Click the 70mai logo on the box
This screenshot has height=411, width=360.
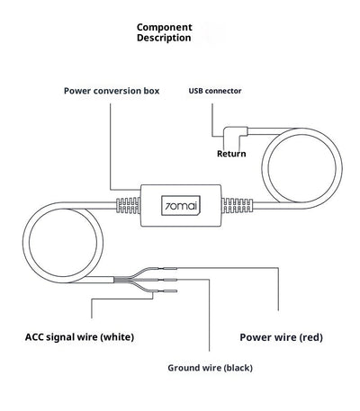181,206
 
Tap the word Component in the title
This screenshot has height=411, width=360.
165,27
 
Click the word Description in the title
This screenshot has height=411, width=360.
164,38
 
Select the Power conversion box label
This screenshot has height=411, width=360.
112,91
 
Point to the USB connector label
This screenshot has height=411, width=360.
215,91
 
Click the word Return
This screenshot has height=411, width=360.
231,154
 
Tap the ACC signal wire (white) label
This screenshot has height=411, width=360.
79,337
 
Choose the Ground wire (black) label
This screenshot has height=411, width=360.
210,368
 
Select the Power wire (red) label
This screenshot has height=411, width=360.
282,337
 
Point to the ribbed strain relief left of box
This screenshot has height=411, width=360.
128,205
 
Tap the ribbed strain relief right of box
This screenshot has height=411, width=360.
237,205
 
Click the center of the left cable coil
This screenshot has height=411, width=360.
63,242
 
